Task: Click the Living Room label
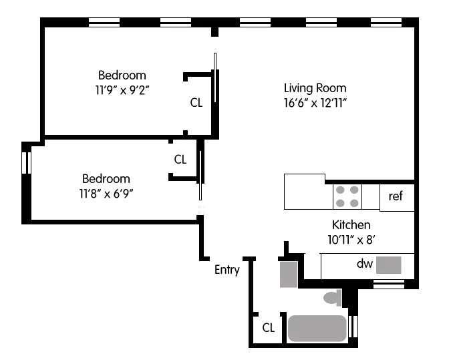[315, 88]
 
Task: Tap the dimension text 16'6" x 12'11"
[315, 103]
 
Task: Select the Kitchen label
[351, 225]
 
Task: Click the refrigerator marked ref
[396, 197]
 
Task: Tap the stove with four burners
[347, 196]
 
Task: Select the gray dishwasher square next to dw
[388, 265]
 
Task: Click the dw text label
[363, 264]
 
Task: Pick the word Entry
[227, 270]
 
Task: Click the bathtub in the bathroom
[317, 328]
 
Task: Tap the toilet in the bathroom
[332, 297]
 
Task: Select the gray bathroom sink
[288, 275]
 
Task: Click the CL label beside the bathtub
[268, 328]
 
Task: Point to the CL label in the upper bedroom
[196, 103]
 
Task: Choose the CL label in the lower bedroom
[180, 160]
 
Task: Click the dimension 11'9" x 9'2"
[122, 89]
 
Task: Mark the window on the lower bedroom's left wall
[27, 163]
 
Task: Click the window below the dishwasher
[388, 285]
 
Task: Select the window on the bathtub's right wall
[354, 327]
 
